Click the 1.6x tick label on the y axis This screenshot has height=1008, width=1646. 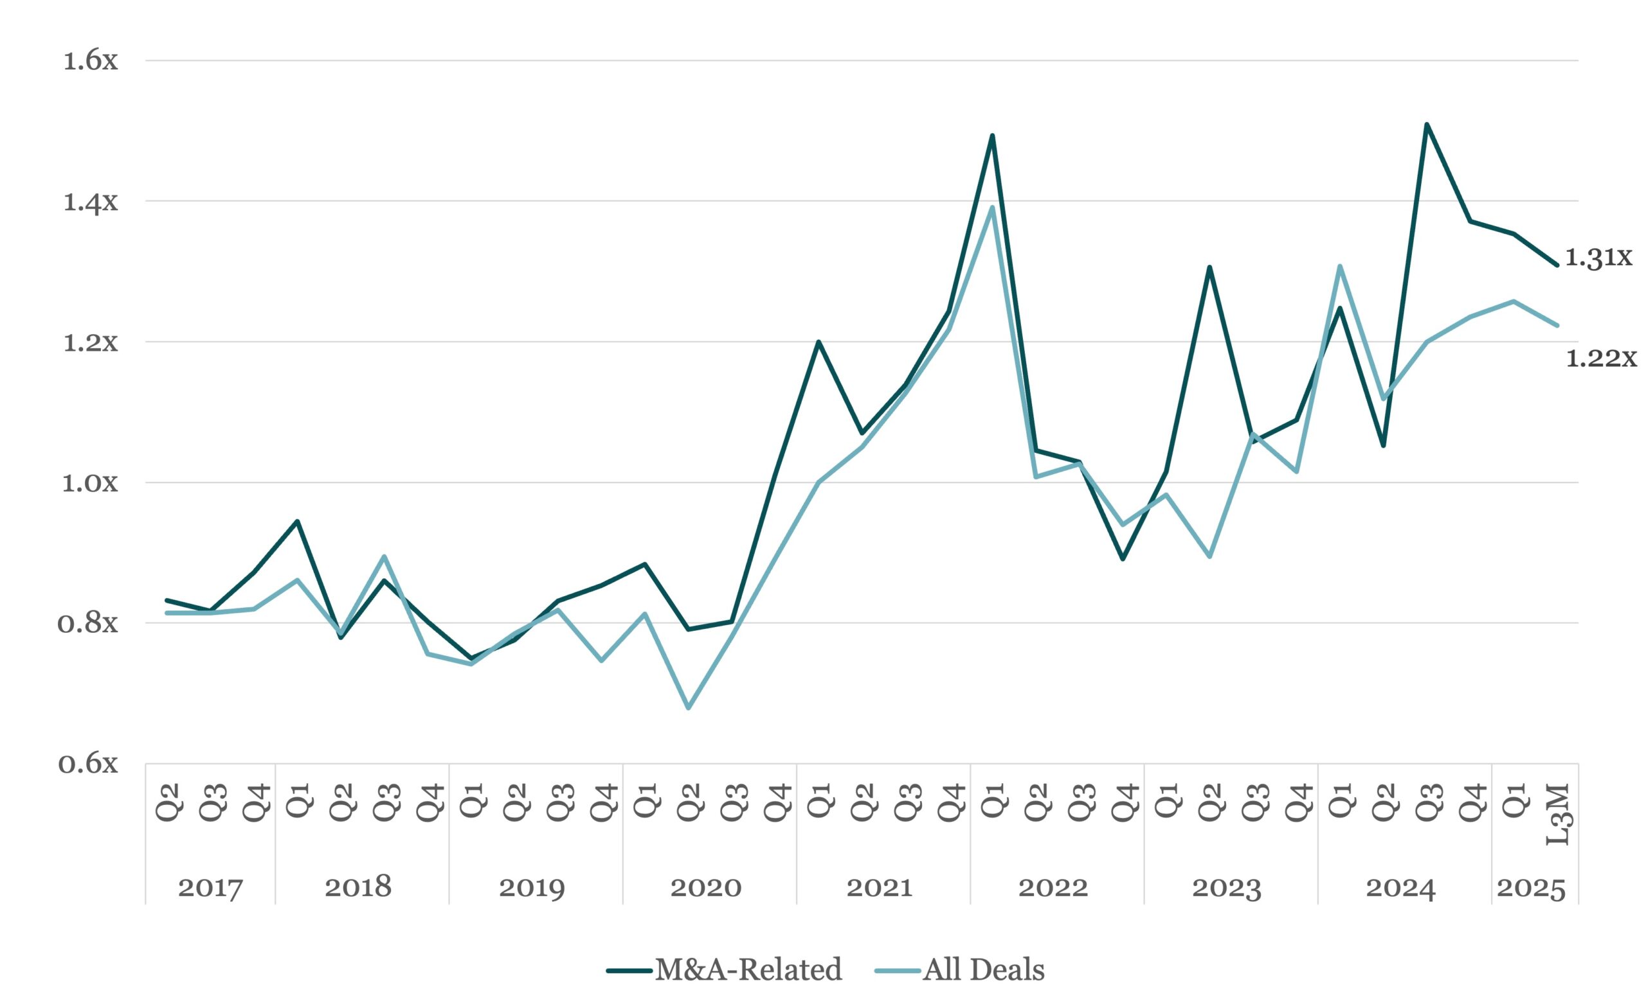[90, 61]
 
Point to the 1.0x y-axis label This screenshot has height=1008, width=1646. [90, 482]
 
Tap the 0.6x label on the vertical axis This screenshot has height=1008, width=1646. [88, 763]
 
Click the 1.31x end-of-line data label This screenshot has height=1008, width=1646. [1598, 257]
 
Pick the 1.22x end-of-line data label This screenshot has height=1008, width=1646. [1600, 359]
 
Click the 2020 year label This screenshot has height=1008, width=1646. [705, 888]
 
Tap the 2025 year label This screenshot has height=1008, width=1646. [1531, 888]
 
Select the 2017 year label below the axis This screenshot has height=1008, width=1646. [210, 888]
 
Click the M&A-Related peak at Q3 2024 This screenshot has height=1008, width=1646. [1426, 124]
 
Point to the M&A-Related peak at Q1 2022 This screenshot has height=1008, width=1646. [992, 136]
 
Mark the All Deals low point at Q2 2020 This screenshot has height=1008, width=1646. [688, 707]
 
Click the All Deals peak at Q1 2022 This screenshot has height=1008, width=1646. [992, 207]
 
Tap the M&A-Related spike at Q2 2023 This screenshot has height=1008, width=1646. [1209, 267]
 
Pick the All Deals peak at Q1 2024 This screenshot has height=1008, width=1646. [1339, 267]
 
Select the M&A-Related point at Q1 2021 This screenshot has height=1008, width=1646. [818, 342]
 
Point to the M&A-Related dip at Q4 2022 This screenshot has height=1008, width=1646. [1122, 559]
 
